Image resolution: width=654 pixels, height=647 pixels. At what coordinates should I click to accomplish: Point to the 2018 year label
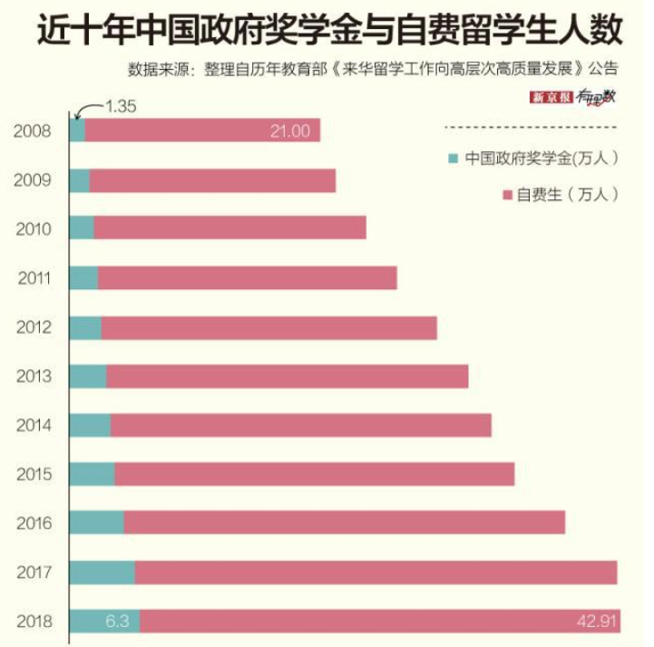coord(33,622)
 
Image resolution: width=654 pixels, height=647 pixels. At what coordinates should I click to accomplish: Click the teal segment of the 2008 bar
coord(77,130)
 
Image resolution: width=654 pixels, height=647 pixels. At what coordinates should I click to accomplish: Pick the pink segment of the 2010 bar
coord(229,228)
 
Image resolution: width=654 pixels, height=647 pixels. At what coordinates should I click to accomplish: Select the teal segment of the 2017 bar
coord(102,573)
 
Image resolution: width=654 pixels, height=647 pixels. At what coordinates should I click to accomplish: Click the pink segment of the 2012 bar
coord(268,327)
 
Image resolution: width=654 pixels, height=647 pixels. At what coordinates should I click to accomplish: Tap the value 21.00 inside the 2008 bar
coord(289,131)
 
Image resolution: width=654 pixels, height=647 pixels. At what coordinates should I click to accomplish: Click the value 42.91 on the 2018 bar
coord(596,622)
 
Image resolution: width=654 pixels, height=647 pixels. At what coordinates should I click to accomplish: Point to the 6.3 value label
coord(117,622)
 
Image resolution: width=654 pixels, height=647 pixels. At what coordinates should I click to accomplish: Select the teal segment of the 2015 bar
coord(92,474)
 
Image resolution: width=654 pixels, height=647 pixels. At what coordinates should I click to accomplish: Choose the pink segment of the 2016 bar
coord(344,523)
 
